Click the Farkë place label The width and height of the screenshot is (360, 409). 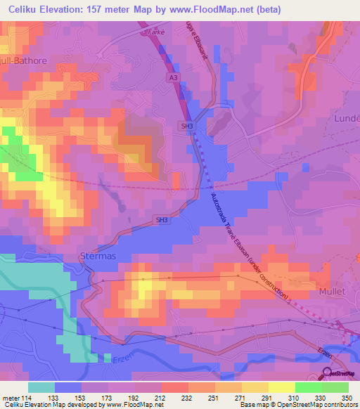tap(154, 32)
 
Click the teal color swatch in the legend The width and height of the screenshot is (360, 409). tap(41, 387)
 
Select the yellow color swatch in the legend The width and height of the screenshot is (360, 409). tap(282, 387)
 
